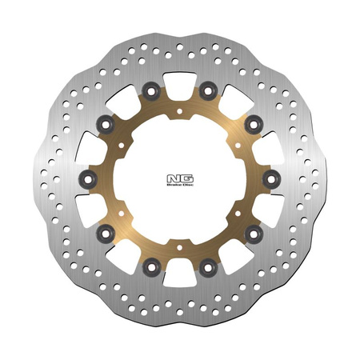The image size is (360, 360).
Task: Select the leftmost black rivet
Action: point(89,176)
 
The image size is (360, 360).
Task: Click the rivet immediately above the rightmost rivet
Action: point(252,122)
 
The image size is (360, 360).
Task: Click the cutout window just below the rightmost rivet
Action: point(272,206)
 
